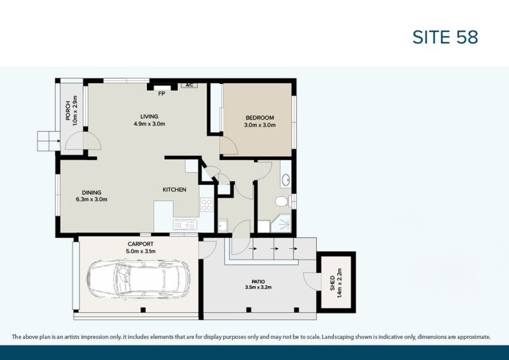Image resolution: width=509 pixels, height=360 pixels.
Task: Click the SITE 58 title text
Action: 445,37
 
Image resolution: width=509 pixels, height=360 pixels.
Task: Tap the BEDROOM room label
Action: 260,118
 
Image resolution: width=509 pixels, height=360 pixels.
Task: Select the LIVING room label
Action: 150,116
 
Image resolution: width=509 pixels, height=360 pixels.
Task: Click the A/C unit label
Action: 189,85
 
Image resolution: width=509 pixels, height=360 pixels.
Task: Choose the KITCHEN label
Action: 174,190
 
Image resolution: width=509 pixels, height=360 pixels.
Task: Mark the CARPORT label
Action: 140,244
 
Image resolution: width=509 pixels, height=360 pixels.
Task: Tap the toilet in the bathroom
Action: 282,202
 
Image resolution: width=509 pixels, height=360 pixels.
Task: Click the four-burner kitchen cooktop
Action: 207,205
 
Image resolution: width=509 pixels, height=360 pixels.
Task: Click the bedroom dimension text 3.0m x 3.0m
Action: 260,125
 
